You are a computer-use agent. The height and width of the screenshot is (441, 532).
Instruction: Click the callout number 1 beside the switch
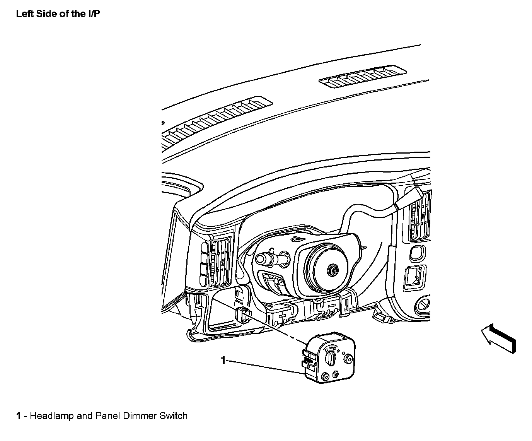(x=223, y=360)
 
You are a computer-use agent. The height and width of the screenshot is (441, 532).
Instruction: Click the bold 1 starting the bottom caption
(x=18, y=416)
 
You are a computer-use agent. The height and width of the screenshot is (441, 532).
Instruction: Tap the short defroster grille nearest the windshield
(x=363, y=77)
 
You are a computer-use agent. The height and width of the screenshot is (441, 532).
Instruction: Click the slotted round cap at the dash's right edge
(x=424, y=303)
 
